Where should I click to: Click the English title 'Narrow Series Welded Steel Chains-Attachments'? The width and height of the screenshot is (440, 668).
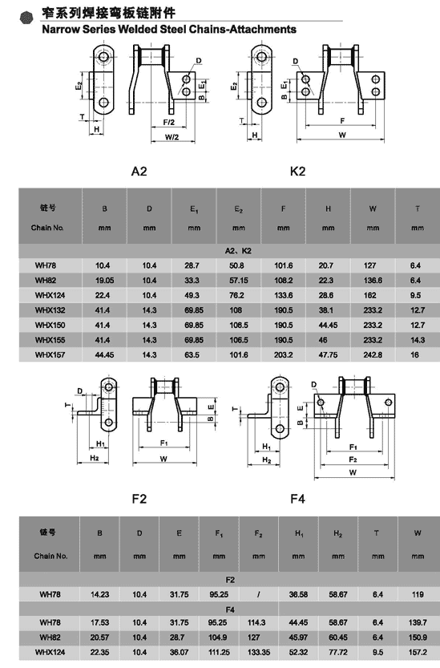(168, 30)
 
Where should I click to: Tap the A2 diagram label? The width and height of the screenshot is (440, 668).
(139, 172)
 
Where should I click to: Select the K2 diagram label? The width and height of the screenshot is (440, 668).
(297, 172)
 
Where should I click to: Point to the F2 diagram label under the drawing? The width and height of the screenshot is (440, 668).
(139, 499)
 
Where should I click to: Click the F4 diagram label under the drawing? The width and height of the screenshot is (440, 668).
(297, 499)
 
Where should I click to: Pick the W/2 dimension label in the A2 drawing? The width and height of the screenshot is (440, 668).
(172, 137)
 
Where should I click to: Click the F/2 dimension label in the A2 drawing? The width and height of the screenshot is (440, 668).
(168, 122)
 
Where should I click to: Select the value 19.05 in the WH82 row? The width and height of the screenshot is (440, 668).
(104, 281)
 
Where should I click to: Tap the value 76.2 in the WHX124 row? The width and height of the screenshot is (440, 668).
(236, 295)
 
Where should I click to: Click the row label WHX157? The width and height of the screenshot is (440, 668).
(50, 355)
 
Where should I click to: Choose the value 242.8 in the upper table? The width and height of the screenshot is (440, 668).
(373, 355)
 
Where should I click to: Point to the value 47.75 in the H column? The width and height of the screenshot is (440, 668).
(328, 355)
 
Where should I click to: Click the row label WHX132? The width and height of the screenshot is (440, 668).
(50, 310)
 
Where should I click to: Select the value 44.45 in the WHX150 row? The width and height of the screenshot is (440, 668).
(328, 325)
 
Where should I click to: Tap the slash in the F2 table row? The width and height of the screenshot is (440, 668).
(259, 594)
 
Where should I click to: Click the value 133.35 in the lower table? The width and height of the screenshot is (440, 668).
(259, 652)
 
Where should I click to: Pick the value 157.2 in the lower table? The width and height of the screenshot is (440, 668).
(418, 652)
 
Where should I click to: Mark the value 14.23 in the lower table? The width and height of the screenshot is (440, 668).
(99, 594)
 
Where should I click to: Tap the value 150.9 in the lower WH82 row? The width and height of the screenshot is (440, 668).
(418, 638)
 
